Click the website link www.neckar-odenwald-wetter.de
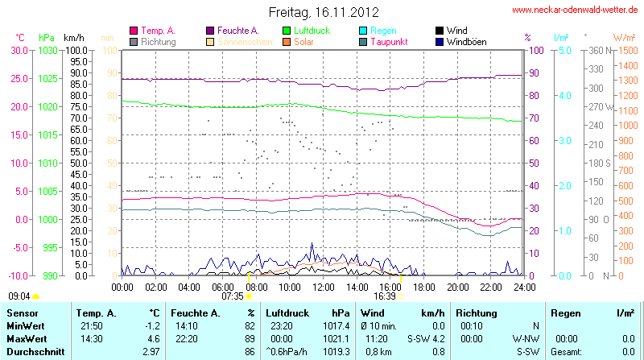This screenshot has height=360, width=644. pyautogui.click(x=576, y=10)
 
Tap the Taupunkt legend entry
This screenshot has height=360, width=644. pyautogui.click(x=388, y=41)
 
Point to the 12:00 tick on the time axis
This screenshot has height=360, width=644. pyautogui.click(x=323, y=287)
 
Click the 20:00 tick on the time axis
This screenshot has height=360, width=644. pyautogui.click(x=457, y=287)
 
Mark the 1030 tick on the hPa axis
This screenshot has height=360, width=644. pyautogui.click(x=48, y=50)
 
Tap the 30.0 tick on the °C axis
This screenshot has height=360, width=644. pyautogui.click(x=19, y=50)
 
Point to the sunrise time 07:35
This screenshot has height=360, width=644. pyautogui.click(x=232, y=296)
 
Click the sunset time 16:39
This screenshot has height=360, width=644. pyautogui.click(x=385, y=296)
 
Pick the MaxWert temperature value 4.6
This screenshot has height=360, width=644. pyautogui.click(x=152, y=339)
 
